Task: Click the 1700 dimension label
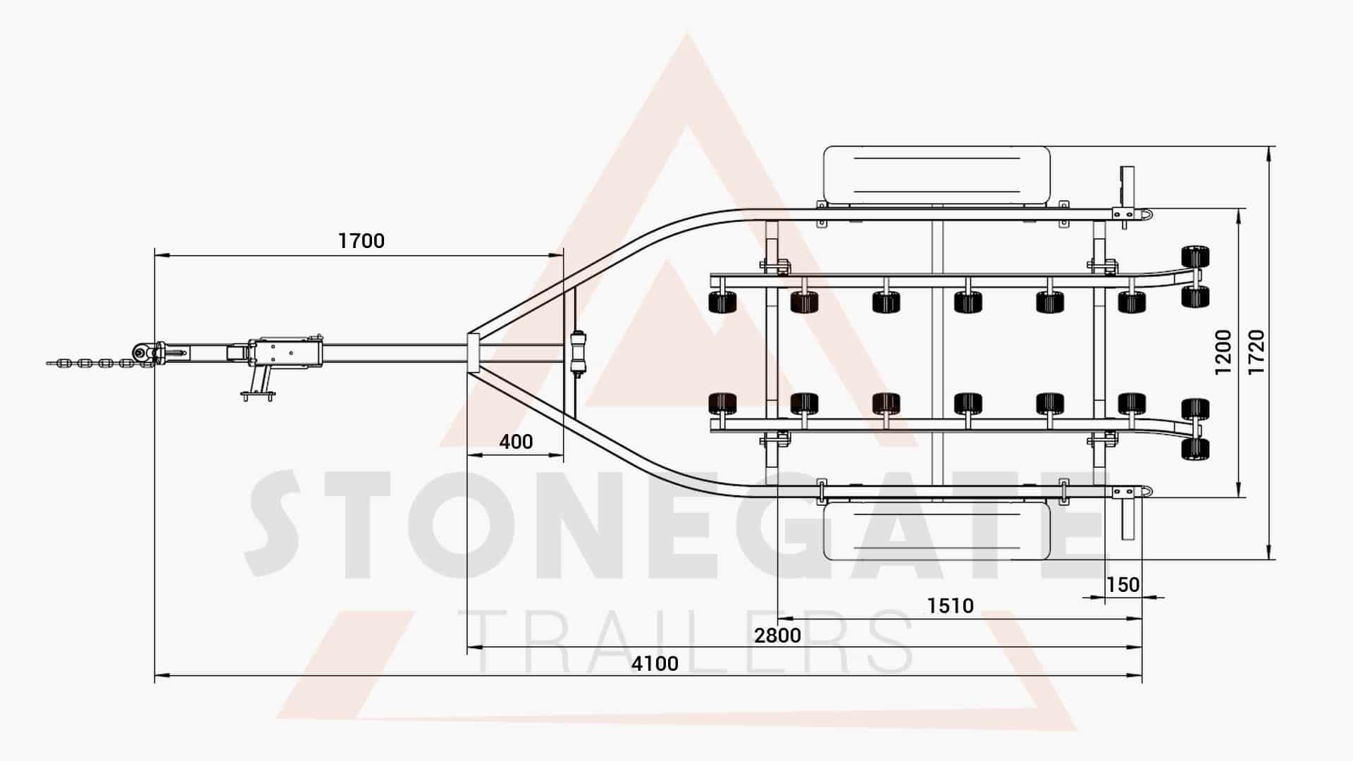pyautogui.click(x=362, y=241)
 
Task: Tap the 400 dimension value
pyautogui.click(x=516, y=442)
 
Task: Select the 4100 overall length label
pyautogui.click(x=655, y=663)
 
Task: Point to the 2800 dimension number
pyautogui.click(x=777, y=636)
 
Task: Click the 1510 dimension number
pyautogui.click(x=950, y=605)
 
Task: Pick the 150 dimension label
pyautogui.click(x=1123, y=585)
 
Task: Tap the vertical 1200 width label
pyautogui.click(x=1223, y=352)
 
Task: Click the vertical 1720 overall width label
pyautogui.click(x=1256, y=352)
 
